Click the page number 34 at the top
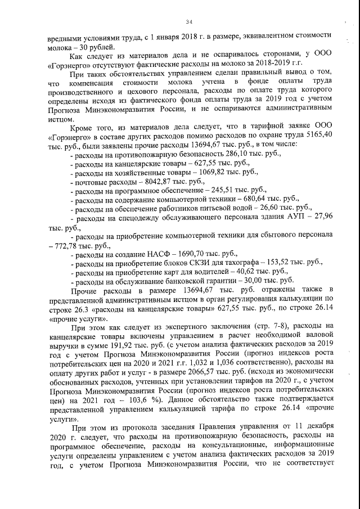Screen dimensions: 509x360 [189, 21]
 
